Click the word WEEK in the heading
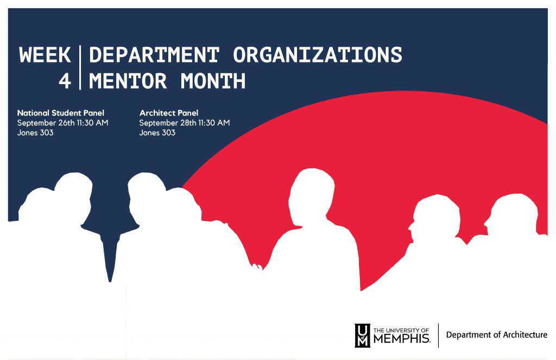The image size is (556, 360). point(45,55)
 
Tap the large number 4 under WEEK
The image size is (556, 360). point(65,81)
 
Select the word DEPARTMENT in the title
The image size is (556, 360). point(154,55)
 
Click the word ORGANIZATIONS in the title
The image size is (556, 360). point(317,55)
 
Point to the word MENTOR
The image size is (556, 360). point(128,81)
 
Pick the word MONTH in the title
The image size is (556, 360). point(213,81)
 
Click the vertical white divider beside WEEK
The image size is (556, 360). point(80,67)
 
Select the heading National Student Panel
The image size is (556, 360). point(61,113)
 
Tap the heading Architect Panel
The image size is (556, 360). point(169,113)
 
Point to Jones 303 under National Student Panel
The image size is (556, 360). point(35,132)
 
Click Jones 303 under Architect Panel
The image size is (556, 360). point(157,132)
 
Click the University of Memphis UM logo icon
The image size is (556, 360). point(362,336)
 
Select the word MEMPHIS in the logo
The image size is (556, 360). point(402,339)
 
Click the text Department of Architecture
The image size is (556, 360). point(497,335)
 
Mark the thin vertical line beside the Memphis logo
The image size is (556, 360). point(438,336)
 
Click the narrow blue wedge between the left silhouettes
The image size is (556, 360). point(110,255)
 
